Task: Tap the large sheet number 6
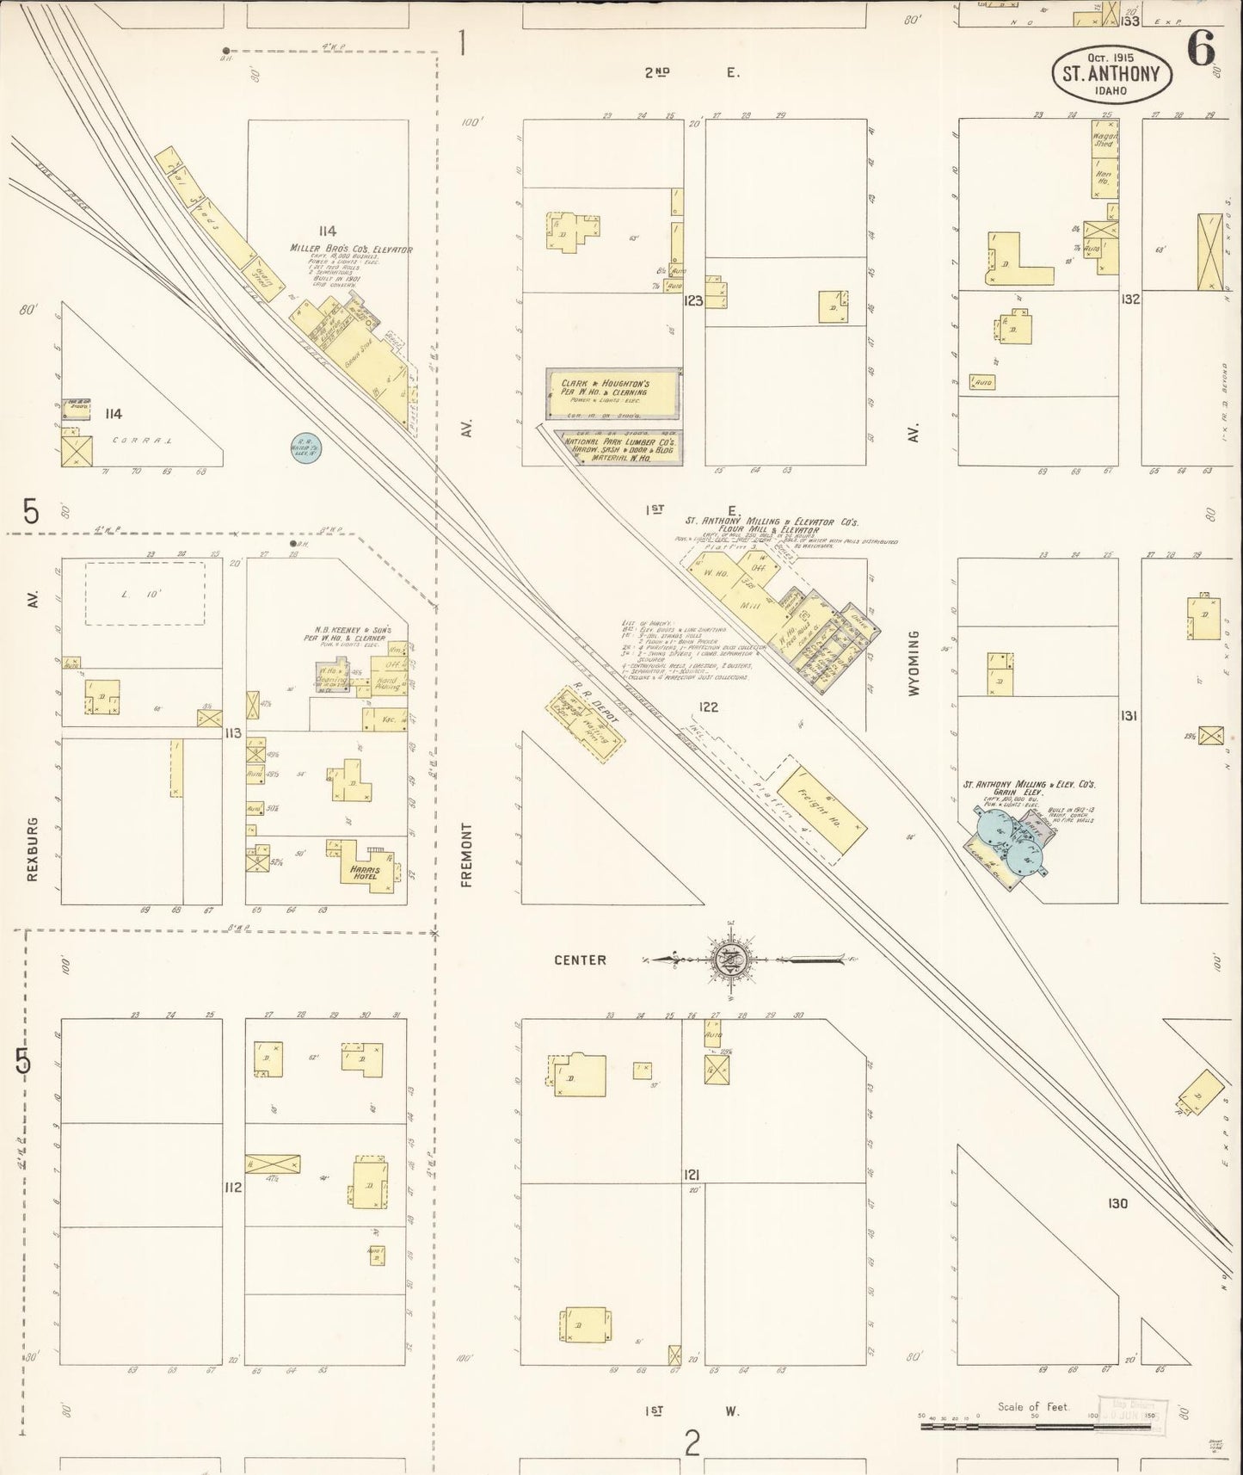(1201, 48)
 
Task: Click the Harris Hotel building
(363, 868)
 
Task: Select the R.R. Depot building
(588, 723)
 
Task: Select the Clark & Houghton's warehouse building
(612, 393)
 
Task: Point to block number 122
(708, 707)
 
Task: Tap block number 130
(1117, 1203)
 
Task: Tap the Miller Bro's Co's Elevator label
(350, 250)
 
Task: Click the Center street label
(580, 960)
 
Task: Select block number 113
(232, 733)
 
